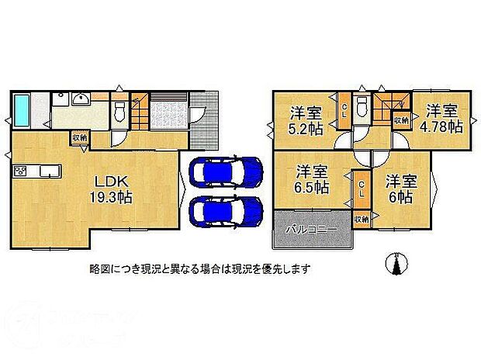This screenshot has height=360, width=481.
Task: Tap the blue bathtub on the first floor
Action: pyautogui.click(x=22, y=109)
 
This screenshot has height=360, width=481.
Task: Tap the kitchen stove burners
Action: pyautogui.click(x=19, y=170)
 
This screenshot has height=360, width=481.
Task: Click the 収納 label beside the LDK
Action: pyautogui.click(x=80, y=138)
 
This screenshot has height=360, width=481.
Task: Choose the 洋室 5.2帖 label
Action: pyautogui.click(x=305, y=118)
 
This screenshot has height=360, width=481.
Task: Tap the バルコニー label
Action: pyautogui.click(x=310, y=230)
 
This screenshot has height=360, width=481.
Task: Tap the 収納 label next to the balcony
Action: pyautogui.click(x=362, y=220)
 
